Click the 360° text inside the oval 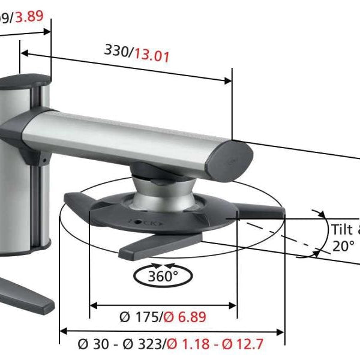coord(163,277)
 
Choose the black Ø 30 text coord(94,344)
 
